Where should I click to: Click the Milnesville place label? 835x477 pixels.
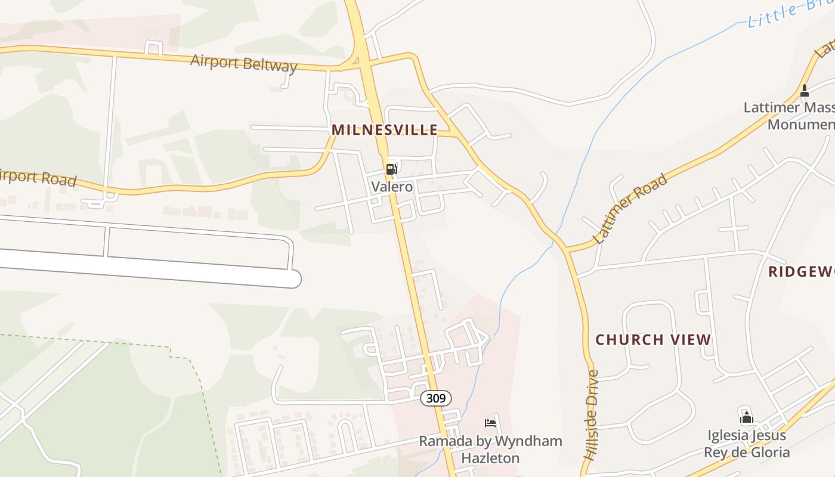click(384, 130)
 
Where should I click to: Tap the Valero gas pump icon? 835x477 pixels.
click(391, 169)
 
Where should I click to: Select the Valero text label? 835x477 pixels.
click(392, 187)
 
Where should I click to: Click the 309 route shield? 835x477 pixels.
click(436, 398)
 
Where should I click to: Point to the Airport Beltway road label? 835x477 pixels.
click(243, 63)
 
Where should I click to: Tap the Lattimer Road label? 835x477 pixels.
click(630, 209)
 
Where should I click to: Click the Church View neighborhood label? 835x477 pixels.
click(653, 340)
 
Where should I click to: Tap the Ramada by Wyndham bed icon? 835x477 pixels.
click(490, 424)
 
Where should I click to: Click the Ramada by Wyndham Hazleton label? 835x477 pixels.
click(490, 450)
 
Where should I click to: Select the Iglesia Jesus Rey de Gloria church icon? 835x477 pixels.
click(746, 417)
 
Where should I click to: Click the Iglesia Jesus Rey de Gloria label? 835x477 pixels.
click(747, 444)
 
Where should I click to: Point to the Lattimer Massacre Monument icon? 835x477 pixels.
click(804, 91)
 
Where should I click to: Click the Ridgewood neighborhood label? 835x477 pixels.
click(801, 272)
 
